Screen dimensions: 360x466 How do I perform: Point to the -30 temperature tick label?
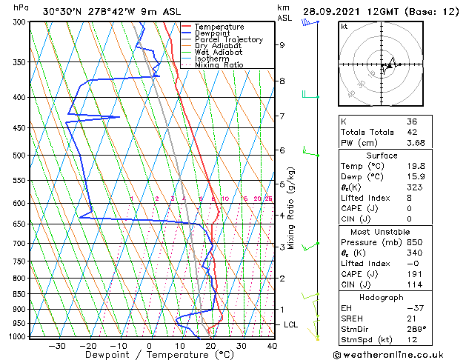coord(57,346)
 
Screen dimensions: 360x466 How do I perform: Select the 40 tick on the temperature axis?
coord(272,346)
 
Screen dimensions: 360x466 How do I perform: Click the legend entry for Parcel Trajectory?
coord(228,40)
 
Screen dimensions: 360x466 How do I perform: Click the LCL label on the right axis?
coord(291,324)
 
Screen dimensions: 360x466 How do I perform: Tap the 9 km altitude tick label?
coord(282,45)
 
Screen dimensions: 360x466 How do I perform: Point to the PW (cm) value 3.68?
coord(412,144)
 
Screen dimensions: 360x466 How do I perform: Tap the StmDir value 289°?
coord(415,330)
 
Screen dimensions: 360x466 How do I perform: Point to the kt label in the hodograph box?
coord(344,26)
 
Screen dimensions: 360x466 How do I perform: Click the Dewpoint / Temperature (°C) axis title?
coord(150,355)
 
